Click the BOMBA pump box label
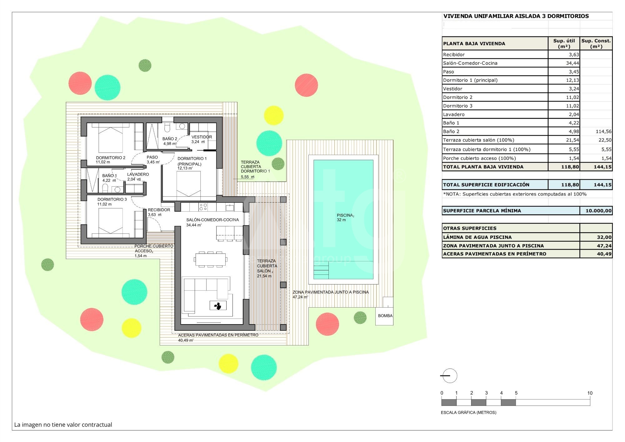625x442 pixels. pos(385,316)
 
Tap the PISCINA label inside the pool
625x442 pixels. pos(345,215)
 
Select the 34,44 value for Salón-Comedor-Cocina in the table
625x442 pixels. pos(572,63)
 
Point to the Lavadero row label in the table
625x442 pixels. pos(454,114)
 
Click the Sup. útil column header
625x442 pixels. pos(564,43)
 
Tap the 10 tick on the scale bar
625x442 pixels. pos(590,393)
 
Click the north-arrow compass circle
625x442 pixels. pos(450,376)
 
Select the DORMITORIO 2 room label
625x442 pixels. pos(111,158)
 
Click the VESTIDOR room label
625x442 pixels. pos(202,137)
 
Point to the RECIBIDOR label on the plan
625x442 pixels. pos(159,210)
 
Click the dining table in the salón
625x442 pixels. pos(211,259)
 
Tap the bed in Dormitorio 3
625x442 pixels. pos(111,221)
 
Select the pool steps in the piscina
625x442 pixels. pos(321,270)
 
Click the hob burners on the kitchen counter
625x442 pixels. pos(203,207)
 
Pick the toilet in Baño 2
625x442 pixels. pos(167,127)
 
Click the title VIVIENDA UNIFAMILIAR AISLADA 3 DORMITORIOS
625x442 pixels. pos(516,16)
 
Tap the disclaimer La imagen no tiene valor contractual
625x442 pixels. pos(63,424)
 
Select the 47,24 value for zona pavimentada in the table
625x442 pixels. pos(604,246)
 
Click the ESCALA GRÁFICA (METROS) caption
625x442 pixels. pos(468,413)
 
